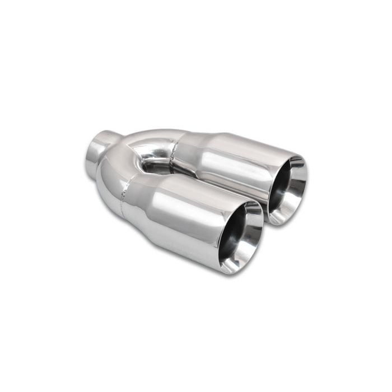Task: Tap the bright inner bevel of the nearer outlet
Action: click(250, 246)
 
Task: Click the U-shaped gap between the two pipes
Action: click(151, 165)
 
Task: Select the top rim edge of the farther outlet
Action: click(291, 156)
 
